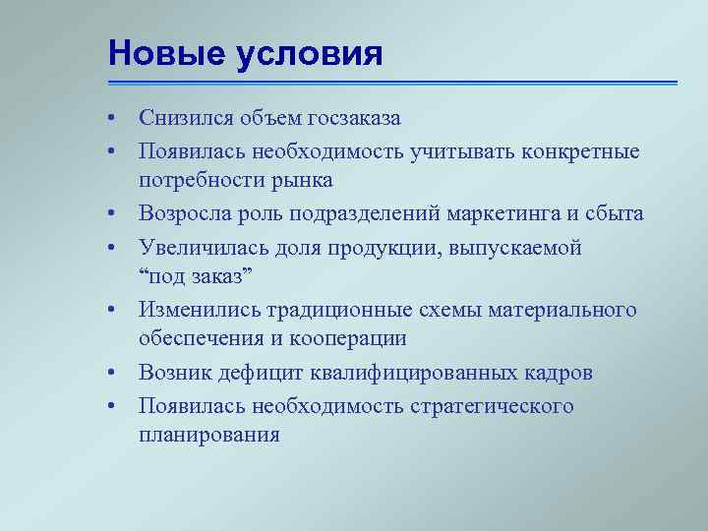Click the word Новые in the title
click(168, 52)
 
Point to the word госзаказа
click(349, 119)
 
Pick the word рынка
click(306, 181)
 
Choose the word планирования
click(209, 436)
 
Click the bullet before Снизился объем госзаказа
click(114, 119)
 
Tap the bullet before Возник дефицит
click(114, 374)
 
